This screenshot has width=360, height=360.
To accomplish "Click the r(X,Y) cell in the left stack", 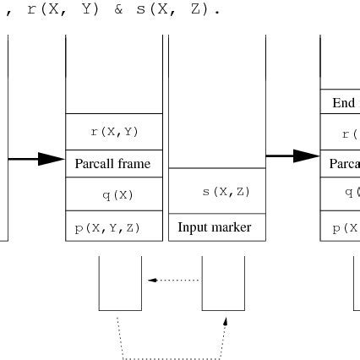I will (114, 132).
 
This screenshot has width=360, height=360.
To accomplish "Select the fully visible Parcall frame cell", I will (114, 163).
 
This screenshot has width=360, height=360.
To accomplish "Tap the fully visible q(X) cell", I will (114, 194).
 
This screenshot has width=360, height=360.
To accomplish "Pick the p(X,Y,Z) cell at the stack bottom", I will (114, 226).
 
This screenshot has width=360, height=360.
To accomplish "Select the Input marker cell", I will (215, 227).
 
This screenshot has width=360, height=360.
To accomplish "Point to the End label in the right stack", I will (343, 102).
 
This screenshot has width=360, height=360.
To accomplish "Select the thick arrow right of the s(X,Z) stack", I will (292, 155).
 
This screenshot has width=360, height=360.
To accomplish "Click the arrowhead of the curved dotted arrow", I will (226, 322).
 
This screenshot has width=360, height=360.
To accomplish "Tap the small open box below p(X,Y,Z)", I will (120, 283).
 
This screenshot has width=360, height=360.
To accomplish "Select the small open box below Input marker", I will (223, 283).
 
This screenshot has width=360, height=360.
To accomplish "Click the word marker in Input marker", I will (232, 227).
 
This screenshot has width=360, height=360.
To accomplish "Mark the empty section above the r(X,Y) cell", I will (114, 76).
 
